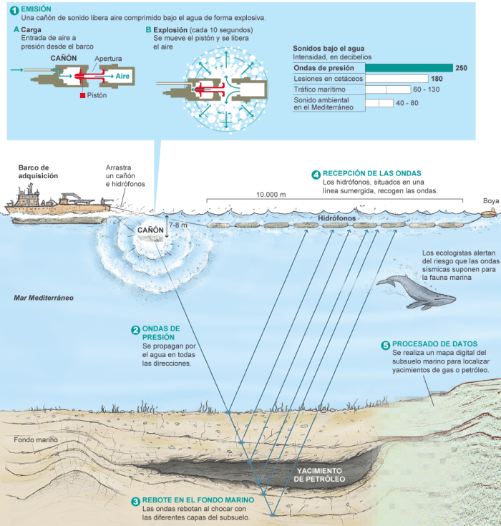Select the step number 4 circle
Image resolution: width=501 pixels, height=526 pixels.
(x=316, y=174)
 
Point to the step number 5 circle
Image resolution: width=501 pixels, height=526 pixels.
(x=386, y=344)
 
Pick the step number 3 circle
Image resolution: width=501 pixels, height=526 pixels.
(x=135, y=500)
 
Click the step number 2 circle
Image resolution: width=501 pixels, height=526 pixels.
(x=135, y=330)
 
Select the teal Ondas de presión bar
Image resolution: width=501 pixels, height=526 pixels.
(x=409, y=68)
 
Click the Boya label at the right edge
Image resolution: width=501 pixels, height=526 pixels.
(x=490, y=201)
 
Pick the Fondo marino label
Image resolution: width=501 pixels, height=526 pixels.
(x=34, y=439)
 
